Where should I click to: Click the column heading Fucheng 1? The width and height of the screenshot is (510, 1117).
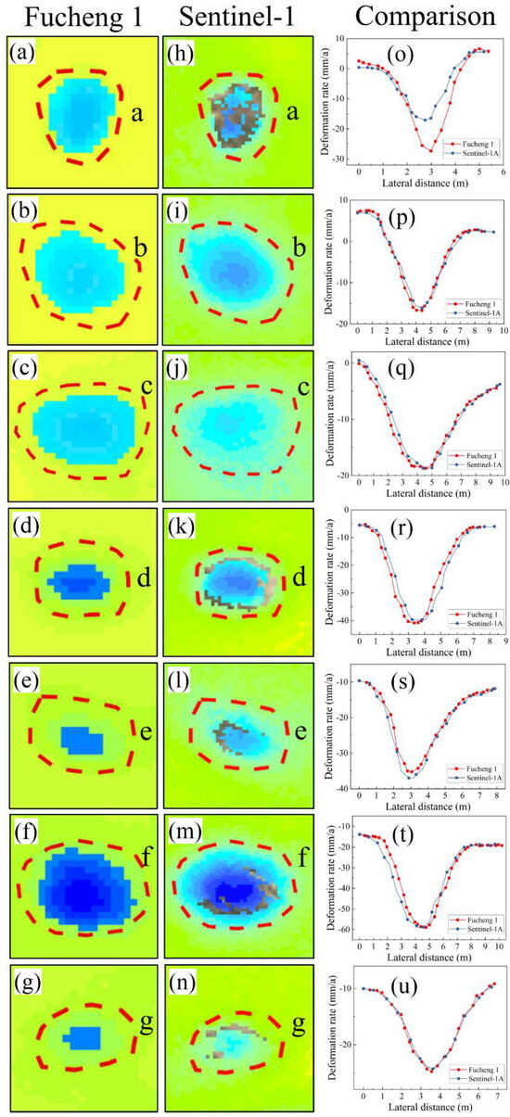click(70, 16)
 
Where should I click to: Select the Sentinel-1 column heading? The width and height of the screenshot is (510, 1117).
click(225, 16)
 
